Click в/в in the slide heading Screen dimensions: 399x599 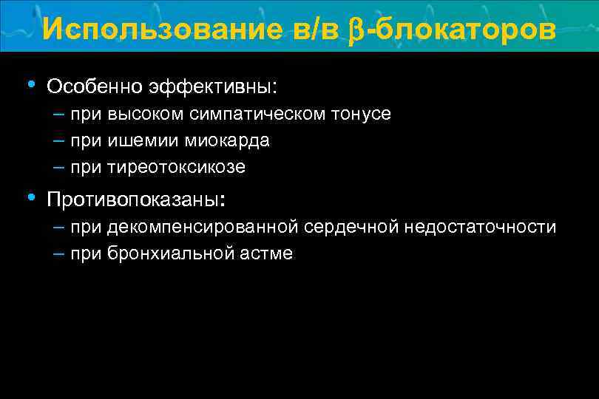308,29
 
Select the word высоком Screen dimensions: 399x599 144,114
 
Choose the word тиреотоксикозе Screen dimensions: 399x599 176,167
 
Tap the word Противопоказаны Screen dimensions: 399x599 132,200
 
